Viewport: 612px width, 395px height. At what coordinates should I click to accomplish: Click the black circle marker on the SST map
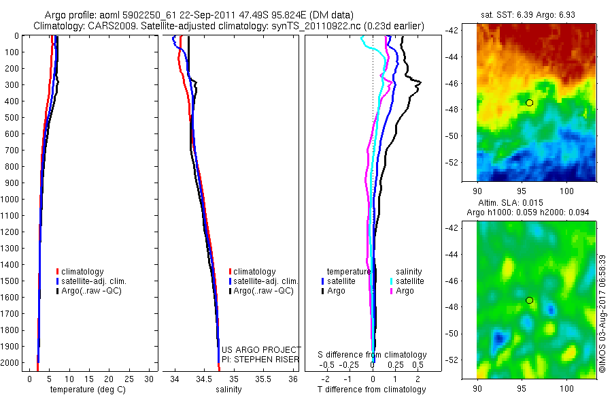(530, 103)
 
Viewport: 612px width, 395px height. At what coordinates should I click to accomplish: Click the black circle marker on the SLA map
(530, 300)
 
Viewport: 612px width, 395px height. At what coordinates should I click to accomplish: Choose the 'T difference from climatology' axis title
(373, 390)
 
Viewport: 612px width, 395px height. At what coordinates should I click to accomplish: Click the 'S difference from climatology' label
(373, 355)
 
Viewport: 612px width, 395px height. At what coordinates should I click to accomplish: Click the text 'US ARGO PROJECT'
(261, 349)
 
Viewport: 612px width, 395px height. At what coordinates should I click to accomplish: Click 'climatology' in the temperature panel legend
(83, 272)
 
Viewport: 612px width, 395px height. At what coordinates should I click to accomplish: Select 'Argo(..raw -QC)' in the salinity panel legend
(263, 291)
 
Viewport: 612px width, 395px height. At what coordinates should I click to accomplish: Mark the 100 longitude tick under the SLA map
(566, 387)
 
